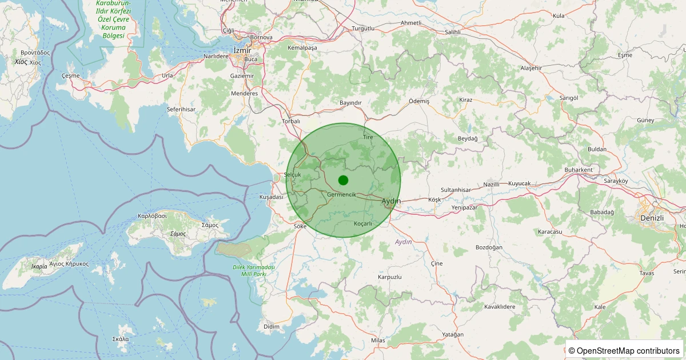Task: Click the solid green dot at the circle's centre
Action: click(x=343, y=180)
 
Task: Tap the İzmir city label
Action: click(x=242, y=50)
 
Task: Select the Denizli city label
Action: click(x=652, y=218)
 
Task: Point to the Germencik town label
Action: click(x=342, y=195)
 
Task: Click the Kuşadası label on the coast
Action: click(x=272, y=197)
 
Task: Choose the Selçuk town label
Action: click(x=292, y=175)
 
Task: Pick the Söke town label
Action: click(x=300, y=226)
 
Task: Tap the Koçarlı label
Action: click(x=363, y=223)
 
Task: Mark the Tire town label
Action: click(x=368, y=138)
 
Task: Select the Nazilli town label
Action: click(x=492, y=185)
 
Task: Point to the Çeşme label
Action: click(x=70, y=75)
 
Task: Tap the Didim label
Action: click(x=272, y=326)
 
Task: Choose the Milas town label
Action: click(x=378, y=341)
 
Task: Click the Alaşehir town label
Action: click(x=531, y=68)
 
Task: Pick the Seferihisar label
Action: click(x=181, y=109)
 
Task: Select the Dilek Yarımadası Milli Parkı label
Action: click(x=254, y=271)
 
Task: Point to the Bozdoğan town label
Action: click(x=489, y=247)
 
